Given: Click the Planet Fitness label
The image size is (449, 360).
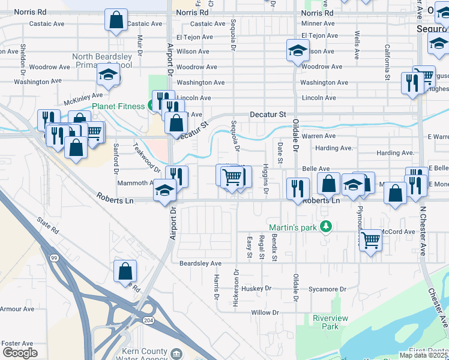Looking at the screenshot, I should pos(118,107).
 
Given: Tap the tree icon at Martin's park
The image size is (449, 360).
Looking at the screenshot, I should pos(326,227).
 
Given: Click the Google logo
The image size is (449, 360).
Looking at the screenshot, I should pos(20,353).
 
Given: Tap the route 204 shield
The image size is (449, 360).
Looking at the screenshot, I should pos(148,321).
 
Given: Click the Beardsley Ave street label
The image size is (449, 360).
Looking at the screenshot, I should pos(200,263).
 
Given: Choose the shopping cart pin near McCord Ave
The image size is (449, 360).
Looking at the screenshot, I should pos(370,239).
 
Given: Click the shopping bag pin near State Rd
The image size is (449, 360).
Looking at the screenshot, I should pos(124,271).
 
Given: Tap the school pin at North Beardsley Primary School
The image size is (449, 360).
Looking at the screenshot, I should pos(108,74).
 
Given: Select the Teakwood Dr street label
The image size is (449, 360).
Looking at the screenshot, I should pos(146,156).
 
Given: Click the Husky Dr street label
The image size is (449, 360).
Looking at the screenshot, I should pos(257,289).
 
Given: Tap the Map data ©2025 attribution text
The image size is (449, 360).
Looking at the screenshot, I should pos(423,355).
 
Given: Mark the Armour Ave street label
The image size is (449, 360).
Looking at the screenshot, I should pos(17,309).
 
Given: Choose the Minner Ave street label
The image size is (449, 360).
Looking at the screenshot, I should pos(318,23).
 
